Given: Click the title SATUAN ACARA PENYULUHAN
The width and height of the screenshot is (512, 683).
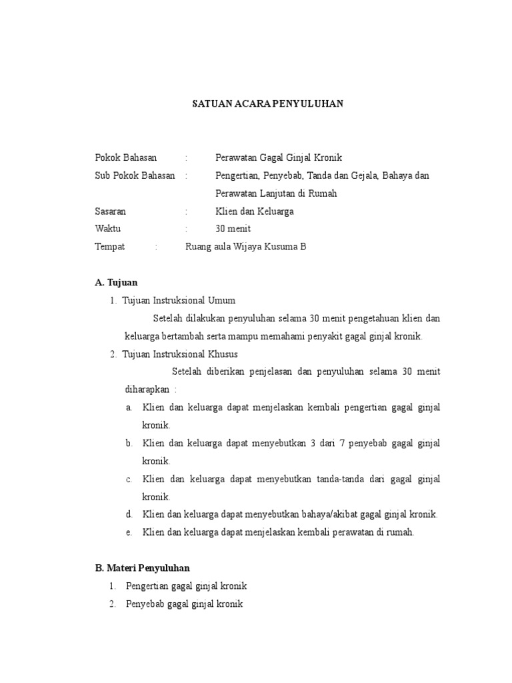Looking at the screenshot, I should click(267, 103).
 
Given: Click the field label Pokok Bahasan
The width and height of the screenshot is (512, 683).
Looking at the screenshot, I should click(126, 158).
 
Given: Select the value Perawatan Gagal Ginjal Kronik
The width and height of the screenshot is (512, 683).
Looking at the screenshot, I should click(278, 158).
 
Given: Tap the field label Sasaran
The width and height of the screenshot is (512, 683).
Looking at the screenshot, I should click(111, 211).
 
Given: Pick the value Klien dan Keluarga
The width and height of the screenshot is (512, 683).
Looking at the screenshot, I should click(254, 211).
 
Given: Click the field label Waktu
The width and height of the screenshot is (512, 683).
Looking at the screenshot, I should click(107, 229).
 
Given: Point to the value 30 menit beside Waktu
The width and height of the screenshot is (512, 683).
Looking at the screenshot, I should click(233, 229).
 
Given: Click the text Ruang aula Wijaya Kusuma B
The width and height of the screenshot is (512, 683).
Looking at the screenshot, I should click(245, 247).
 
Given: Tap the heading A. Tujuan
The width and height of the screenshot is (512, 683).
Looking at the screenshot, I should click(117, 283).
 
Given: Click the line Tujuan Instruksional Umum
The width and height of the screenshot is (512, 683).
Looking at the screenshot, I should click(179, 300).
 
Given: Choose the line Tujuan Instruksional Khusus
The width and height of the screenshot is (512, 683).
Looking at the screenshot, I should click(180, 354).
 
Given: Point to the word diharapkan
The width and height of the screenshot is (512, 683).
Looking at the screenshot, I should click(146, 389).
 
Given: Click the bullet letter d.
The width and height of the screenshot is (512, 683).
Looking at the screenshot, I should click(128, 514).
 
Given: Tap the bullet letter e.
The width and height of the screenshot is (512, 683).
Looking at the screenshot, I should click(128, 532).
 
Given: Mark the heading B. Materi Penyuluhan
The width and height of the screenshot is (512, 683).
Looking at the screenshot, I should click(143, 568).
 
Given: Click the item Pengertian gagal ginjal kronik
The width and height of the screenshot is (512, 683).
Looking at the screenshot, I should click(187, 586).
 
